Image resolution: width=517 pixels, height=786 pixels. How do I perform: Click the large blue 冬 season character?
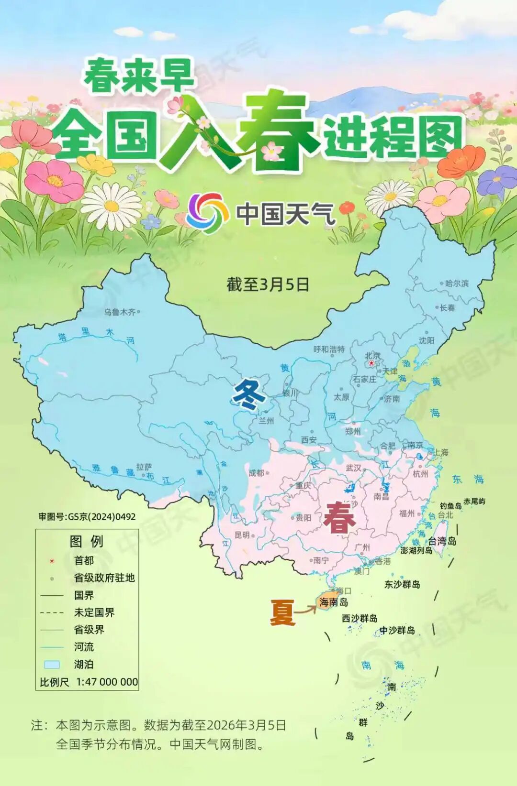tap(248, 395)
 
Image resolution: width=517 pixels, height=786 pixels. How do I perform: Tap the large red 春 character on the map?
tap(339, 517)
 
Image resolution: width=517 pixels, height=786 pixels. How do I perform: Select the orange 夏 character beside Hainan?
tap(281, 612)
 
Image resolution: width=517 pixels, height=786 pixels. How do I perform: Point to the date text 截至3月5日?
tap(268, 284)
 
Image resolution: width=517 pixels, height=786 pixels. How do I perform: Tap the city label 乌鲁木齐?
tap(120, 312)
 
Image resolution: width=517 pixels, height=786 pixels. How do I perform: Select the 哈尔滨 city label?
tap(457, 283)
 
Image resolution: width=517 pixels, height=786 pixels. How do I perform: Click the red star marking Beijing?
tap(371, 363)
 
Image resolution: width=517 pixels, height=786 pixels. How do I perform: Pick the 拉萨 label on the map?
tap(144, 467)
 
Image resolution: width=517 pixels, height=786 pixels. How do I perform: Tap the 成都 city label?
tap(256, 472)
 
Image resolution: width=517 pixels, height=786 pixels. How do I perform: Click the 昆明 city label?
tap(242, 535)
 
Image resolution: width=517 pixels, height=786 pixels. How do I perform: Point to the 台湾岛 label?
tap(442, 541)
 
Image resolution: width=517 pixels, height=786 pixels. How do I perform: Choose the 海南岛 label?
tap(334, 602)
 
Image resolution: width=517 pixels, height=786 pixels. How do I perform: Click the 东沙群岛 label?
tap(402, 584)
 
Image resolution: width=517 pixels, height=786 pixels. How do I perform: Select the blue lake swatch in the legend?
tap(52, 664)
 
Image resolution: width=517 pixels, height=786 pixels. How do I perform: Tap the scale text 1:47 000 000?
tap(107, 682)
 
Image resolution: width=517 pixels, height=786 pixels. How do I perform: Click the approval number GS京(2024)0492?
tap(87, 516)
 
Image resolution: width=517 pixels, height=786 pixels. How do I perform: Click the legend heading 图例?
tap(87, 541)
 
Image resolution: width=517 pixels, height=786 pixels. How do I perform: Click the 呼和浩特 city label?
tap(329, 349)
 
